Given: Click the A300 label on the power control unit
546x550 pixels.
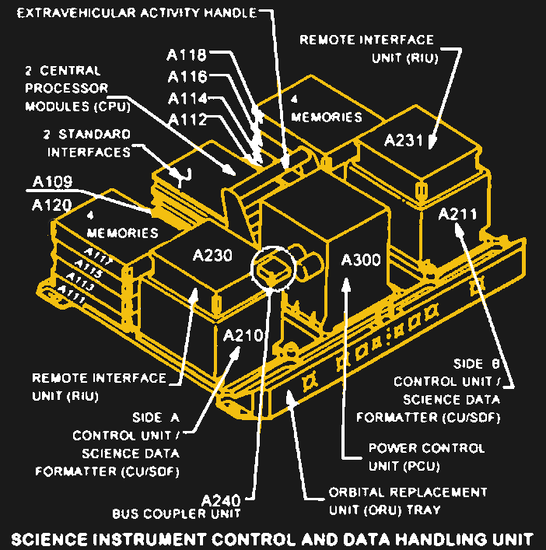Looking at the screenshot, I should pos(362,260).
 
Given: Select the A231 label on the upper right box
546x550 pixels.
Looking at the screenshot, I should pos(404,140).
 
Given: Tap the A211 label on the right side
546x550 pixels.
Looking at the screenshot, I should pos(457,215).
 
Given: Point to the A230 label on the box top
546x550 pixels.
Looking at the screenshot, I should pos(212,255).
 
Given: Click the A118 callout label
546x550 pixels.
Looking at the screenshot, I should pos(187,55).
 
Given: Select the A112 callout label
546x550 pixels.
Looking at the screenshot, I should pos(187,120).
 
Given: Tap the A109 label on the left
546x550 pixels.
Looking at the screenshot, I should pos(53,183).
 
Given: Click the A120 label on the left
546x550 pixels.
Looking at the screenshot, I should pos(53,205).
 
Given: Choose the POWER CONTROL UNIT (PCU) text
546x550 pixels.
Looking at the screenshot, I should pos(425,457).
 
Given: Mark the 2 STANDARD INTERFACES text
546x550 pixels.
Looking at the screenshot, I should pos(88,143).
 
